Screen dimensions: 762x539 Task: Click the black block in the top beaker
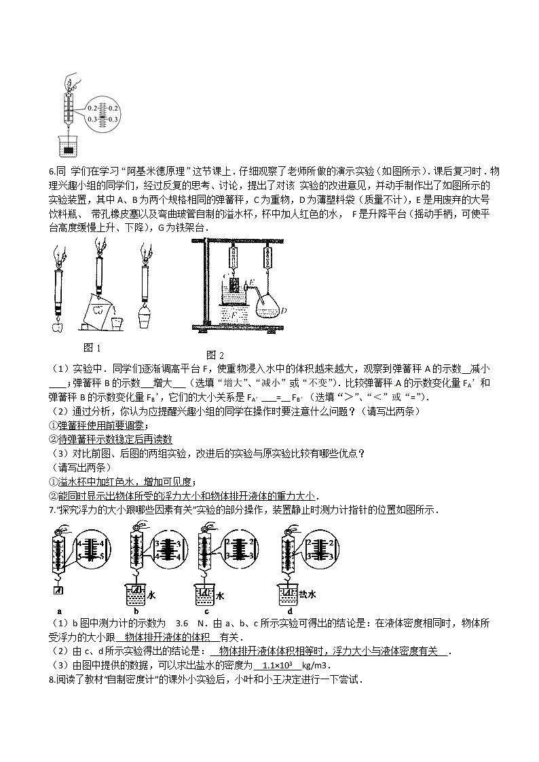click(x=69, y=148)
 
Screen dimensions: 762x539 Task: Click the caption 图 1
click(x=92, y=347)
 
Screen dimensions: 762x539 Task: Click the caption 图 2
click(x=215, y=355)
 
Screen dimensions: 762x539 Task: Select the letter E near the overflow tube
click(x=250, y=282)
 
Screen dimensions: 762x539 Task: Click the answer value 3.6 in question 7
click(x=181, y=623)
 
